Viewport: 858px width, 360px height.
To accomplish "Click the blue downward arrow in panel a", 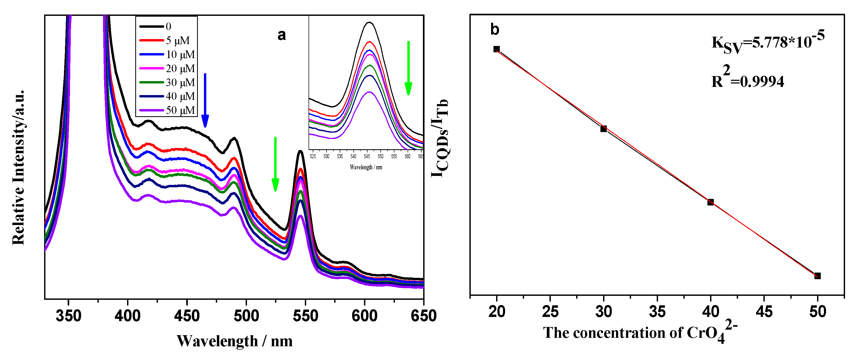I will click(205, 100).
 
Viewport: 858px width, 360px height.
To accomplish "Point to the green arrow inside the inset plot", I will click(408, 68).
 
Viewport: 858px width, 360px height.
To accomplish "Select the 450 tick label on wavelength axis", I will click(187, 316).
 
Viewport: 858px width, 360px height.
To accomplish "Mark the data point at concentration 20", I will click(497, 49).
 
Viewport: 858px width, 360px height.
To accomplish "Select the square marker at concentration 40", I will click(710, 202).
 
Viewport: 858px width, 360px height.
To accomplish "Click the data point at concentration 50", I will click(817, 276).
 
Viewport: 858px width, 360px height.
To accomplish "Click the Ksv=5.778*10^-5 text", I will click(768, 43).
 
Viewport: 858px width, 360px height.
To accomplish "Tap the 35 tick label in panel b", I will click(657, 312).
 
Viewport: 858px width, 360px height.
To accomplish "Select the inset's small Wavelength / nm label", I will click(366, 167).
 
